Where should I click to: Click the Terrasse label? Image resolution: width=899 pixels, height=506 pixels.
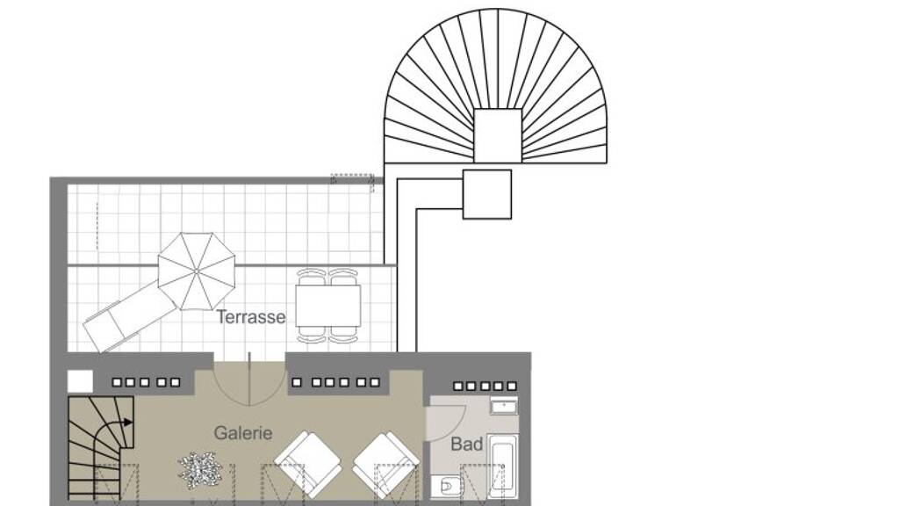click(x=250, y=316)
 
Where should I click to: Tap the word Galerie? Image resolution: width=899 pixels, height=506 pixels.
click(x=243, y=432)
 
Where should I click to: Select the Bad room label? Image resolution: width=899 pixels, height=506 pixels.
click(x=467, y=444)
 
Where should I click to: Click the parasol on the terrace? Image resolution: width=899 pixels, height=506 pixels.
click(x=197, y=271)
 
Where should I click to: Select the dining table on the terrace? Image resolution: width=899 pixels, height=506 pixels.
click(x=328, y=305)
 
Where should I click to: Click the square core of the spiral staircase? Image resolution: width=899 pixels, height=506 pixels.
click(x=498, y=135)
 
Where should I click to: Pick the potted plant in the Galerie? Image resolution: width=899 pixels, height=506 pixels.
click(x=198, y=466)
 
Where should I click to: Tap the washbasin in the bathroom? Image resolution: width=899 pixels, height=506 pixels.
click(x=504, y=406)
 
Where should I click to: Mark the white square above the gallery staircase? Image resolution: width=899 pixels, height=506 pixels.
click(x=80, y=381)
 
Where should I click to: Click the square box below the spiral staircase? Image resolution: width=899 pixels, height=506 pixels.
click(x=486, y=194)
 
